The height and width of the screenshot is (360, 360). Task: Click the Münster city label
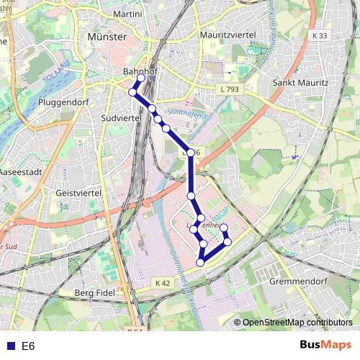pyautogui.click(x=106, y=37)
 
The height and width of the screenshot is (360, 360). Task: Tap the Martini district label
pyautogui.click(x=128, y=14)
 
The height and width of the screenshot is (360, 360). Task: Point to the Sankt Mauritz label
pyautogui.click(x=301, y=83)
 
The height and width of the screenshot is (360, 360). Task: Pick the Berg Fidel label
pyautogui.click(x=94, y=293)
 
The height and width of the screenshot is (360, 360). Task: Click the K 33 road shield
pyautogui.click(x=320, y=36)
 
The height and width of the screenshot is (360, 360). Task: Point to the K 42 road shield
pyautogui.click(x=163, y=284)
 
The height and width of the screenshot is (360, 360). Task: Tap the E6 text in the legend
pyautogui.click(x=28, y=346)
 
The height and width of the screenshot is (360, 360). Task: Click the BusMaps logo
pyautogui.click(x=326, y=345)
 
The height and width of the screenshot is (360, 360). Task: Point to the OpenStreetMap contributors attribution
pyautogui.click(x=297, y=323)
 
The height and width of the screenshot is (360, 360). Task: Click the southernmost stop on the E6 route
pyautogui.click(x=200, y=262)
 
